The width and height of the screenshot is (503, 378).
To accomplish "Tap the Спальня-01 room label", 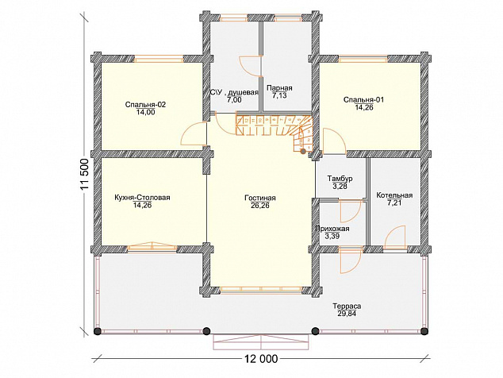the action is click(363, 100).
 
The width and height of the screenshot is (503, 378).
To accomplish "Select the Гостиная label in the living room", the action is click(260, 198).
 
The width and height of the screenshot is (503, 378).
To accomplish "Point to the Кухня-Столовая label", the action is click(142, 198).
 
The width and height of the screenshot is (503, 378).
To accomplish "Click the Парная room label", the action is click(279, 88).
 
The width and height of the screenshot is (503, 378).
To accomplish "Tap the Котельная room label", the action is click(394, 195).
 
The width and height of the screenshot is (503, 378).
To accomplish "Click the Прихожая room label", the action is click(332, 229).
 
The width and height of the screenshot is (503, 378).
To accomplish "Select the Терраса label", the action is click(347, 306).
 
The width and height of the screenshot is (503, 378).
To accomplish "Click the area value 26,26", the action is click(260, 206).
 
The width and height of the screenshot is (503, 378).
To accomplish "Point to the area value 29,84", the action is click(347, 314).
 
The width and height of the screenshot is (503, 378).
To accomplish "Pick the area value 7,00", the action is click(234, 100).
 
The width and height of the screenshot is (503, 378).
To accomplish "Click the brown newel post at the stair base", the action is click(302, 151).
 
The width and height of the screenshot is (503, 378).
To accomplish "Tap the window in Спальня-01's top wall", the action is click(363, 59).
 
